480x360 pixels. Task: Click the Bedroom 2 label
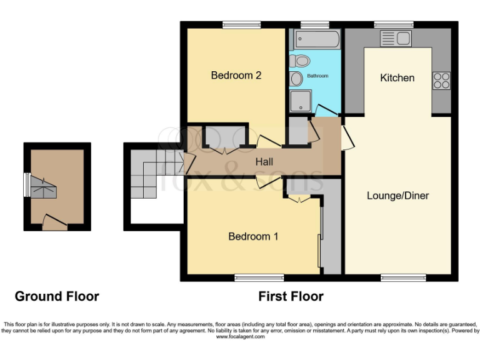pyautogui.click(x=236, y=76)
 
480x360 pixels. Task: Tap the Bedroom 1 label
pyautogui.click(x=253, y=236)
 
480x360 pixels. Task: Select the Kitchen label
pyautogui.click(x=397, y=77)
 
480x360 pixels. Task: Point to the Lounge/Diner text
pyautogui.click(x=397, y=196)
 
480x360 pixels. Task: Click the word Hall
pyautogui.click(x=264, y=162)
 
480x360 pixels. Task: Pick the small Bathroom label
pyautogui.click(x=317, y=76)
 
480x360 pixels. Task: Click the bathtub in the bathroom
pyautogui.click(x=317, y=40)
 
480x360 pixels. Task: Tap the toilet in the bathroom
pyautogui.click(x=301, y=61)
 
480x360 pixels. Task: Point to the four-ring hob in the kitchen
pyautogui.click(x=441, y=80)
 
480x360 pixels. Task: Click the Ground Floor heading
pyautogui.click(x=57, y=296)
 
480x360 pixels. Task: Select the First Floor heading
pyautogui.click(x=291, y=296)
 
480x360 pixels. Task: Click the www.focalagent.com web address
pyautogui.click(x=240, y=337)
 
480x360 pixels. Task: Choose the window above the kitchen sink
pyautogui.click(x=393, y=25)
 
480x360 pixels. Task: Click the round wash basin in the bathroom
pyautogui.click(x=295, y=78)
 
